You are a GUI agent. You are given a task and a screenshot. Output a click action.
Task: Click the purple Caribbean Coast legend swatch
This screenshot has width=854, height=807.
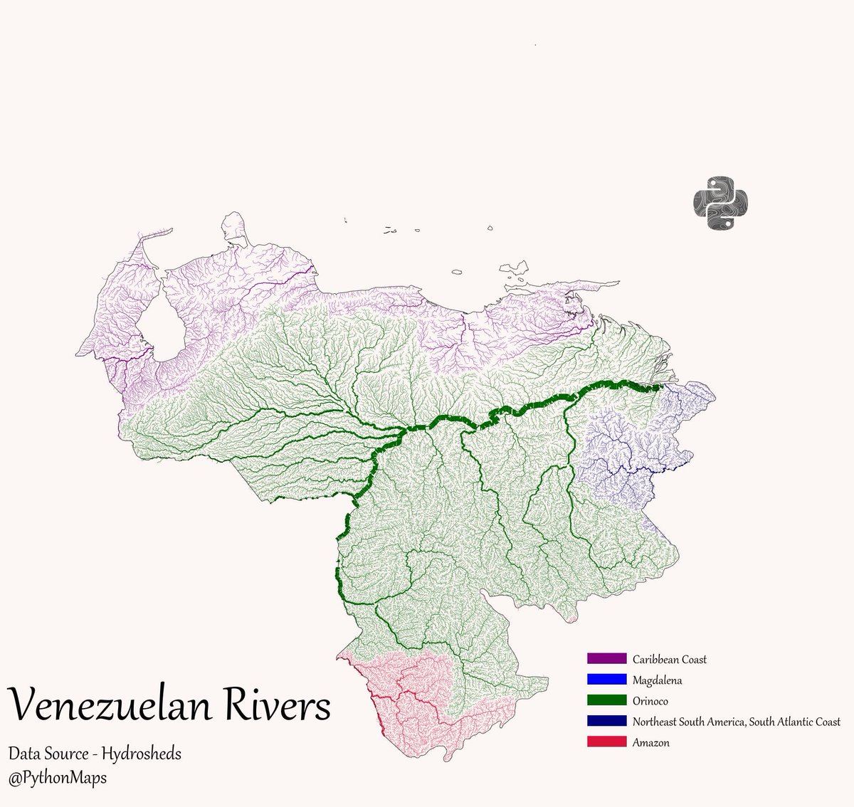(606, 658)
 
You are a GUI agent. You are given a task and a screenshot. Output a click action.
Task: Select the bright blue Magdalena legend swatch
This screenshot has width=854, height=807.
(606, 680)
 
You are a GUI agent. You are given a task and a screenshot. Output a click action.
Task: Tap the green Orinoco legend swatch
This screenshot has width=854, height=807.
(606, 701)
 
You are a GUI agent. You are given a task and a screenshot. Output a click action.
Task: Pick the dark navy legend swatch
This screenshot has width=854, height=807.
(606, 721)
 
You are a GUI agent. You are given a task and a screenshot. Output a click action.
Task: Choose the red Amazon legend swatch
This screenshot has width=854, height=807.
(606, 742)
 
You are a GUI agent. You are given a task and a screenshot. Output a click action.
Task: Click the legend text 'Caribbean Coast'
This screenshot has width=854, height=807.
(669, 659)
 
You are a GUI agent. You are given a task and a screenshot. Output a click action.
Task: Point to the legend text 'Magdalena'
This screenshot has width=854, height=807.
(657, 680)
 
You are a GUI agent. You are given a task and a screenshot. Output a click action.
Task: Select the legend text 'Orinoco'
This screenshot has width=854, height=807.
(650, 701)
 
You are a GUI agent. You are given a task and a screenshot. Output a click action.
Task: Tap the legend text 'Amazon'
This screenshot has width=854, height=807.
(650, 742)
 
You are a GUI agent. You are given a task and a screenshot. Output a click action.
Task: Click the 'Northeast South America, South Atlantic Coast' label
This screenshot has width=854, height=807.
(736, 722)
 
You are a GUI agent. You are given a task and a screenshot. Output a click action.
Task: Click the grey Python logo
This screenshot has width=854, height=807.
(721, 202)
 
